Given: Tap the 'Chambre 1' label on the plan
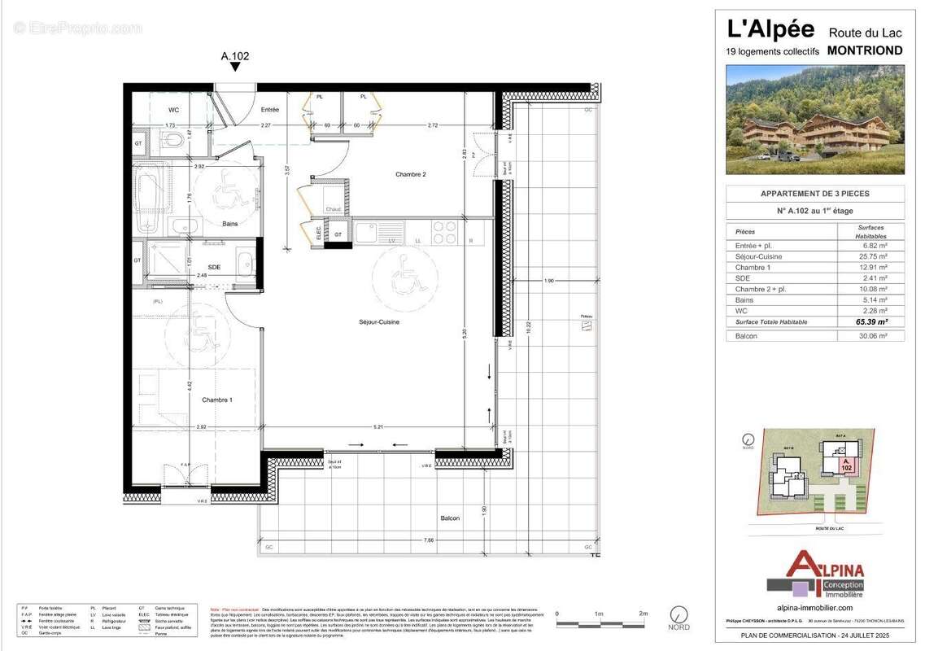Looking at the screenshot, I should point(217,400).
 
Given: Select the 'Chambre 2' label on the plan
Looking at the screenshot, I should point(411,174).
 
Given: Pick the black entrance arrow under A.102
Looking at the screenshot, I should point(235,68).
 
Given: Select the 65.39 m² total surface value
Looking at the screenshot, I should point(870,322).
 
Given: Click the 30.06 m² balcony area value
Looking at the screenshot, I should point(870,336).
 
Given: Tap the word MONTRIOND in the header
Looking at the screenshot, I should point(864,50).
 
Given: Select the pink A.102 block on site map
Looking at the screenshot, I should point(846,465).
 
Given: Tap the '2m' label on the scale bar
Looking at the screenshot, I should point(643,614).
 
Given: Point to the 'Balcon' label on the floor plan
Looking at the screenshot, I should point(450,518).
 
